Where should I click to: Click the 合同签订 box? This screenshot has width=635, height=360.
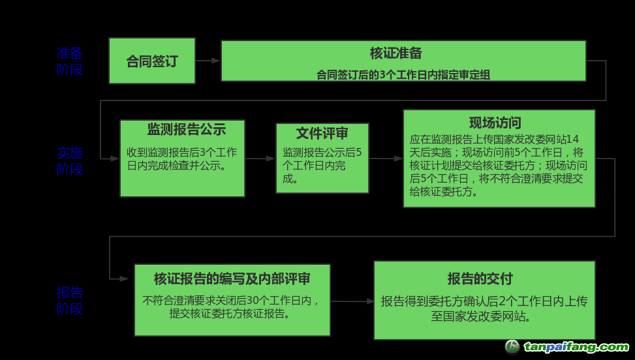click(x=151, y=61)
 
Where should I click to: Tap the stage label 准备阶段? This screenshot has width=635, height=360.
click(x=70, y=61)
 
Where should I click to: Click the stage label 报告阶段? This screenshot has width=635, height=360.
click(x=70, y=300)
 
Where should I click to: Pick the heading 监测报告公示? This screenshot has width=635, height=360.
click(x=187, y=129)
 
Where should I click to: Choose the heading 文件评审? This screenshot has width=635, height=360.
click(x=322, y=134)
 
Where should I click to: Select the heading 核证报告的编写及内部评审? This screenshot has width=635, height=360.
click(x=232, y=279)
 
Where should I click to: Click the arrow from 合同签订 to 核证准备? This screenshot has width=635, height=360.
click(x=208, y=61)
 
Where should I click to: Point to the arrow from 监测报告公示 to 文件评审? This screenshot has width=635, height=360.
click(x=260, y=158)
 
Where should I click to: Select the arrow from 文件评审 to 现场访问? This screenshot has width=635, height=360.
click(x=386, y=158)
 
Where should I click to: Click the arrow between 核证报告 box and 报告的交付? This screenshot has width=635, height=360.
click(x=352, y=301)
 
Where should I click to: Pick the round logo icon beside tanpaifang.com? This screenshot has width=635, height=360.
click(x=513, y=347)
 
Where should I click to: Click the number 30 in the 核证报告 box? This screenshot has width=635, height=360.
click(x=266, y=301)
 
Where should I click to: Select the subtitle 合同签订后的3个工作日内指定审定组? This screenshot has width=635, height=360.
click(x=403, y=75)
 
